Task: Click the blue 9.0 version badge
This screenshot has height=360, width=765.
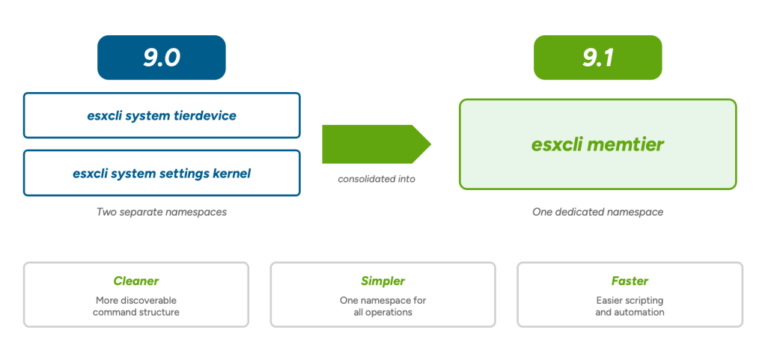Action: [x=162, y=58]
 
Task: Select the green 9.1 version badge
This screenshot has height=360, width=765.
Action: [x=597, y=58]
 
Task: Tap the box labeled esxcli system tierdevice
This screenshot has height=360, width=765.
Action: [x=162, y=115]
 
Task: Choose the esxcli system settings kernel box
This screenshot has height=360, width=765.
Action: [x=162, y=173]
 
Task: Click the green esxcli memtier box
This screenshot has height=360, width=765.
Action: [x=597, y=144]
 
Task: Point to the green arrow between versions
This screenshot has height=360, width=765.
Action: [x=377, y=144]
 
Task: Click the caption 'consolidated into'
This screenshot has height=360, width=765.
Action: [x=377, y=179]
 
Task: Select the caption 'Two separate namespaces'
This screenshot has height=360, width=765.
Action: [x=162, y=213]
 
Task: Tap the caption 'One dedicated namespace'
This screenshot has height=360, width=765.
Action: [x=597, y=213]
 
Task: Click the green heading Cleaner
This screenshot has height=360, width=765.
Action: [x=136, y=281]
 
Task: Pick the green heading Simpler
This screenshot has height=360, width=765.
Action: [x=383, y=281]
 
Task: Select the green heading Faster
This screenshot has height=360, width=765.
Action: [x=630, y=281]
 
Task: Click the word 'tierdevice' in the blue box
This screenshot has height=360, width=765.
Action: [x=205, y=115]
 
